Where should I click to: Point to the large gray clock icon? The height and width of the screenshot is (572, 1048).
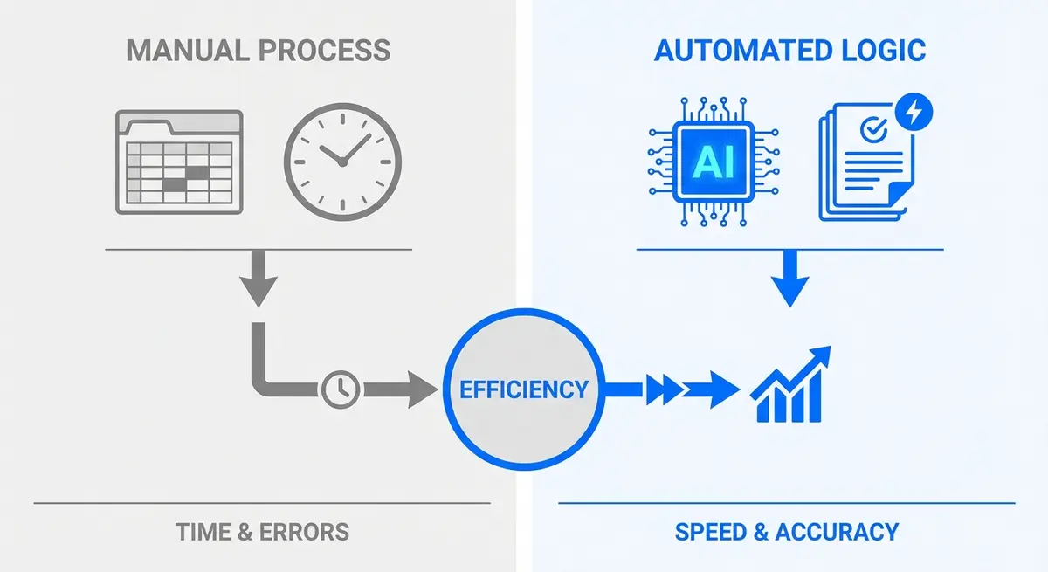[x=342, y=162]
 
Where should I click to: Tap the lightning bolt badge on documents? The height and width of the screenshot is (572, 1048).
[x=914, y=111]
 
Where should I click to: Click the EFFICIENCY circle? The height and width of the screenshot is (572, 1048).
[x=524, y=389]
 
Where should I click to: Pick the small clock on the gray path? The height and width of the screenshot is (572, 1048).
[x=339, y=389]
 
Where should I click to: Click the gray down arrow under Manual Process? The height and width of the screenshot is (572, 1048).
[x=259, y=279]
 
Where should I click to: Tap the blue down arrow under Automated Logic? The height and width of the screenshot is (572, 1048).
[x=789, y=279]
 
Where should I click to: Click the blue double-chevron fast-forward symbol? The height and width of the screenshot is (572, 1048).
[x=665, y=389]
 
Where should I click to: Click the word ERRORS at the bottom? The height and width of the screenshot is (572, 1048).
[x=305, y=532]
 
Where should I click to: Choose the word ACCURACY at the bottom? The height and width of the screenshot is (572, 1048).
[x=836, y=532]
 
